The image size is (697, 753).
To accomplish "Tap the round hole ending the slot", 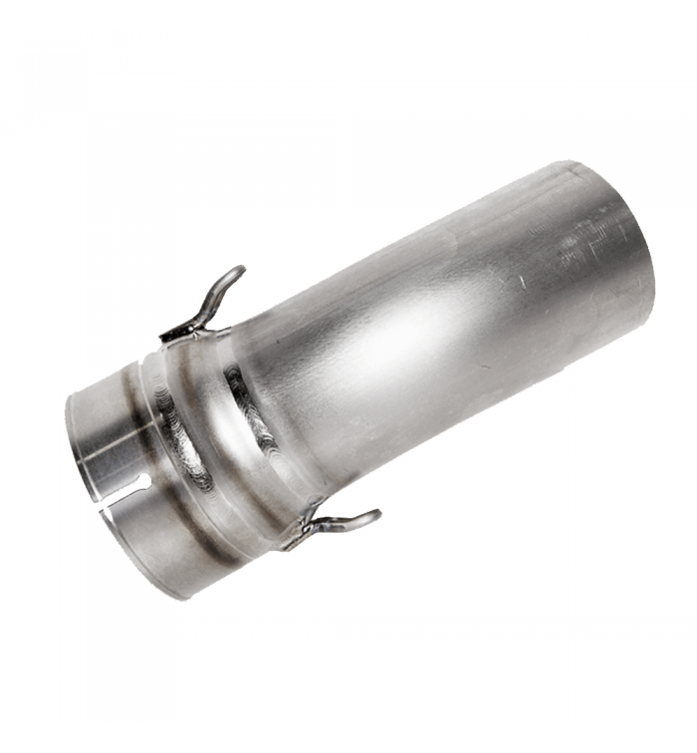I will point(145,483).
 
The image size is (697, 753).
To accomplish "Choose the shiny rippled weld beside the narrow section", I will point(179,438).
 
